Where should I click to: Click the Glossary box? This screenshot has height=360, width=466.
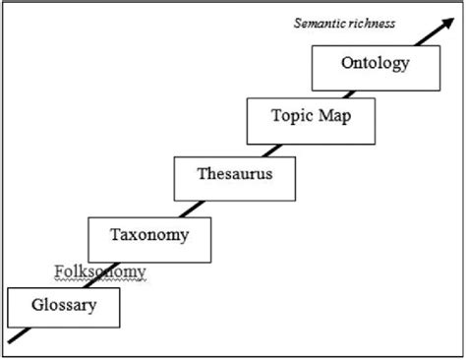click(63, 306)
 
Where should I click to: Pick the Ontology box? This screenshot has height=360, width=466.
click(374, 66)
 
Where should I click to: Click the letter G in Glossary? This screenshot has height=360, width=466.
click(36, 306)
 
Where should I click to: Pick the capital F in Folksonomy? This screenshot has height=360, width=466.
click(55, 271)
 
